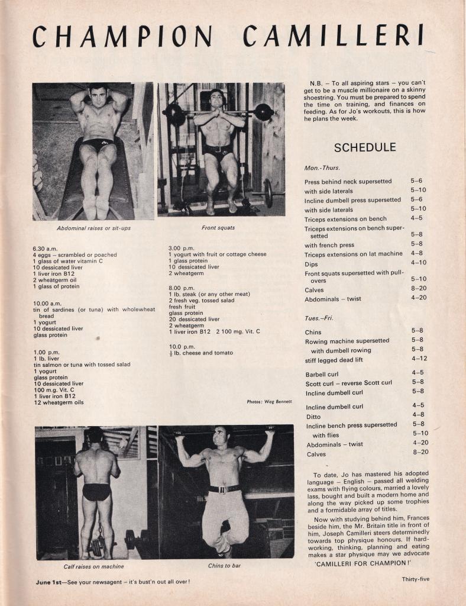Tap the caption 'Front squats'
[218, 227]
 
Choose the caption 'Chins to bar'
[224, 566]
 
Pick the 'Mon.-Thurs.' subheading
[323, 168]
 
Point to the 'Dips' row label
[311, 264]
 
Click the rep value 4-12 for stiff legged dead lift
[419, 359]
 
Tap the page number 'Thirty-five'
[415, 579]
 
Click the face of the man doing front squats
[216, 98]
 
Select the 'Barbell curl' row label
[323, 374]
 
